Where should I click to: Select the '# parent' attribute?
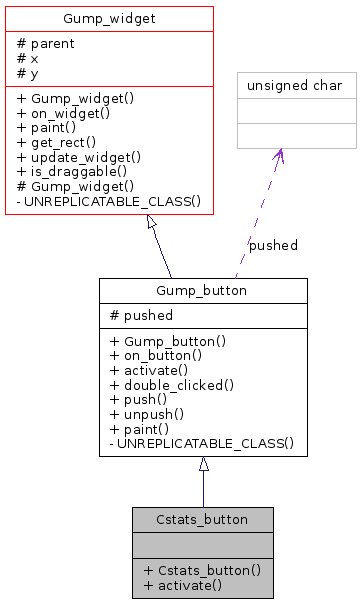coord(45,43)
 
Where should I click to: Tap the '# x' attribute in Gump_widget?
coord(27,58)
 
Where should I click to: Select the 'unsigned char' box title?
coord(295,85)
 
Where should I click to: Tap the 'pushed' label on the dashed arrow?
coord(273,245)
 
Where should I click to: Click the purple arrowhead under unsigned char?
coord(279,156)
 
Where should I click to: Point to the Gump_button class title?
coord(203,290)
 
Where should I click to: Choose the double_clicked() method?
coord(172,384)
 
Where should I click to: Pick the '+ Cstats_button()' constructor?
coord(202,570)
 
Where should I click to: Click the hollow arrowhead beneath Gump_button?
coord(203,464)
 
